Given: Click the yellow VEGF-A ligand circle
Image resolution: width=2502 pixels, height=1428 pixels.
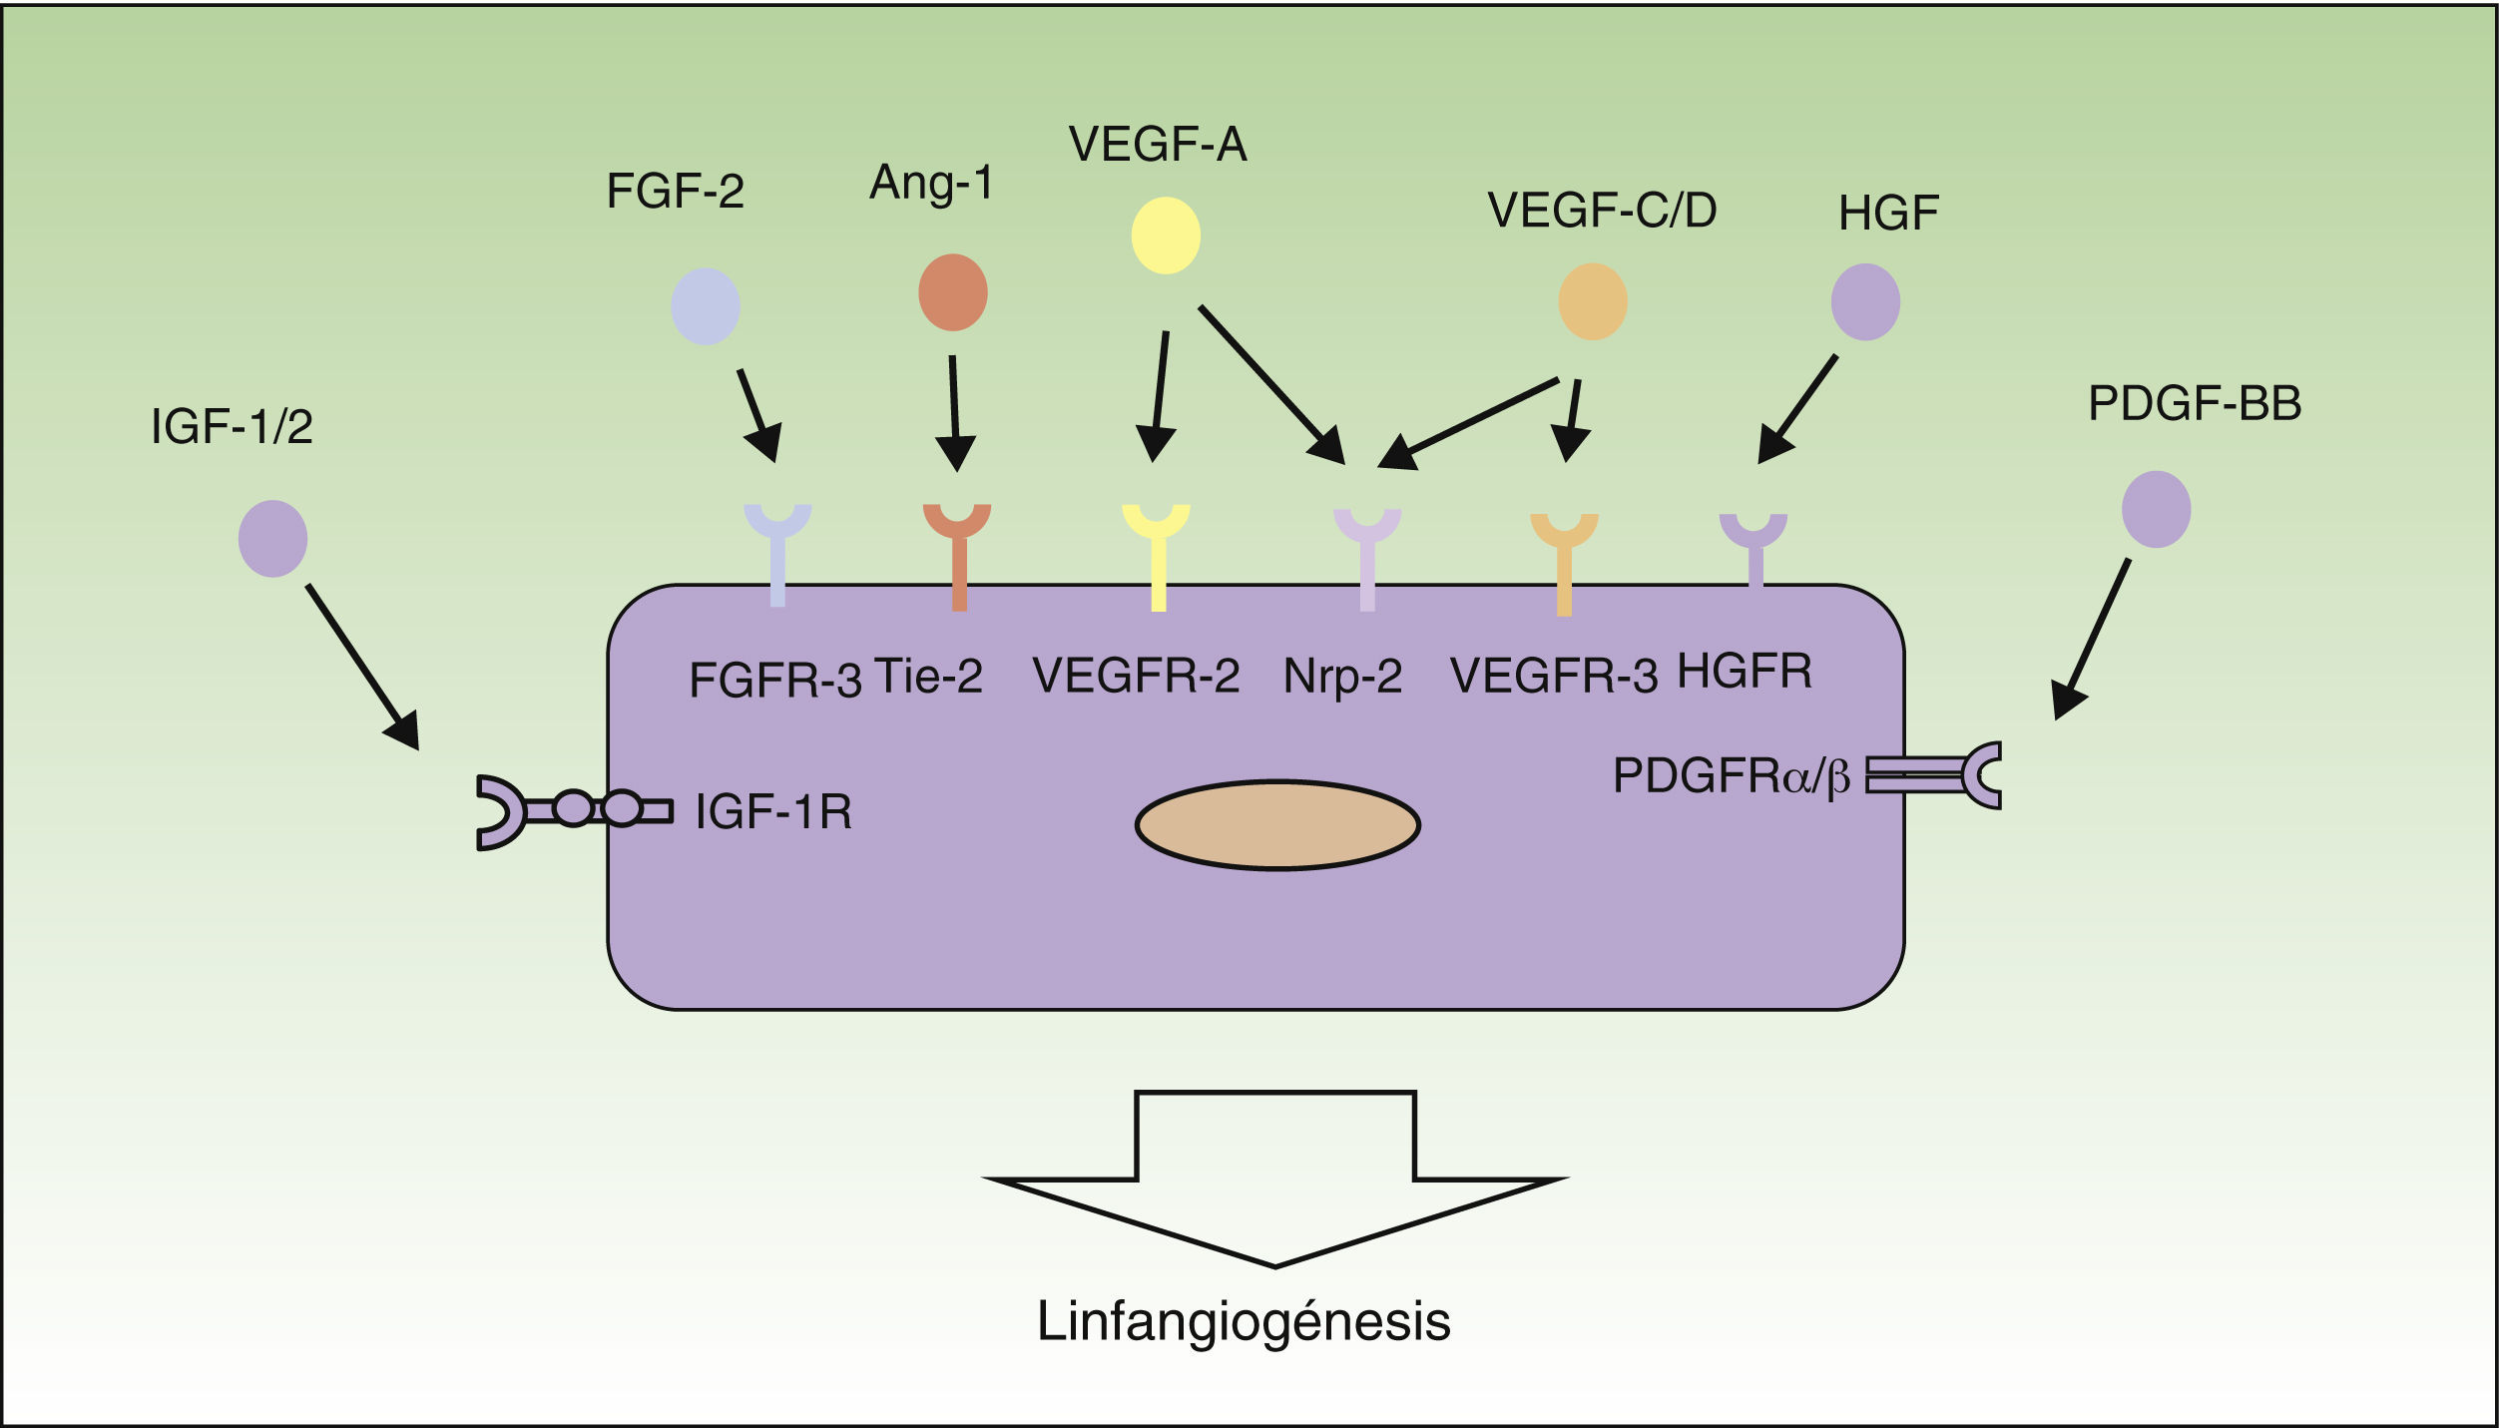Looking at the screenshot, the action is pyautogui.click(x=1166, y=236).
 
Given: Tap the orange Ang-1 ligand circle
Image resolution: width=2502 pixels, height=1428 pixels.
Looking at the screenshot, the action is pyautogui.click(x=953, y=292).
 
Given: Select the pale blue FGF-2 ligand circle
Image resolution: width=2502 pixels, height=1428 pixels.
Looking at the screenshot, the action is pyautogui.click(x=706, y=306).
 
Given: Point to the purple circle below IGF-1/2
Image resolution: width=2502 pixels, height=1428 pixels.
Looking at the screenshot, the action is pyautogui.click(x=272, y=539).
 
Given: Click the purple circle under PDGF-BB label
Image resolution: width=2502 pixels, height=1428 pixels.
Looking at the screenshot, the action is pyautogui.click(x=2157, y=509).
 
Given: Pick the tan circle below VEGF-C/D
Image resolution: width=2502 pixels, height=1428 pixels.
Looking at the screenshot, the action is pyautogui.click(x=1593, y=301).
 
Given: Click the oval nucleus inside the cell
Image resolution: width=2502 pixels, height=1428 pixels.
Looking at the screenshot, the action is pyautogui.click(x=1277, y=825).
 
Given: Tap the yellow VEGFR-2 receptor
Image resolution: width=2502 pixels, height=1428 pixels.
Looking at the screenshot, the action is pyautogui.click(x=1157, y=557).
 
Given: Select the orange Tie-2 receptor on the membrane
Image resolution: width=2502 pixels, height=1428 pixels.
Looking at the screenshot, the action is pyautogui.click(x=957, y=557).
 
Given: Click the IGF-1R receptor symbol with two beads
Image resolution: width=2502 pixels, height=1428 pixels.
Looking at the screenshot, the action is pyautogui.click(x=575, y=812).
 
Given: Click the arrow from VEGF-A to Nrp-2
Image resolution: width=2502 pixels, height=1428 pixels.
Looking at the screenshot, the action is pyautogui.click(x=1272, y=385).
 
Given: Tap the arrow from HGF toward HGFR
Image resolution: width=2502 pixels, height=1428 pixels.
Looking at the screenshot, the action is pyautogui.click(x=1796, y=409).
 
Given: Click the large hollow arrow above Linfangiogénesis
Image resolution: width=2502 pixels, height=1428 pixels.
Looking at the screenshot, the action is pyautogui.click(x=1275, y=1180).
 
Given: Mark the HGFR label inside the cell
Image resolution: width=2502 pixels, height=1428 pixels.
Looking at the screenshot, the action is pyautogui.click(x=1745, y=671).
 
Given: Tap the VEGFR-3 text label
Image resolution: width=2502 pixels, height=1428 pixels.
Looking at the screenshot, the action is pyautogui.click(x=1554, y=676).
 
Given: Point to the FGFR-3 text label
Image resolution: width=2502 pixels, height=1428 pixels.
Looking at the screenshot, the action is pyautogui.click(x=775, y=681).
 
